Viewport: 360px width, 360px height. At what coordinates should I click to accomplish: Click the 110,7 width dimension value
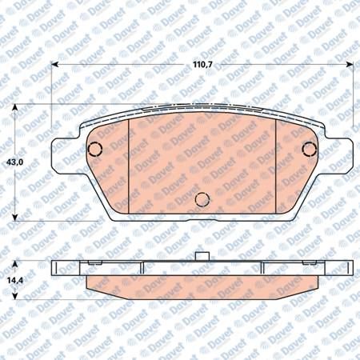coord(202,65)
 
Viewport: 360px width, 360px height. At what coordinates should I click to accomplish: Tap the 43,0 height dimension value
coord(15,162)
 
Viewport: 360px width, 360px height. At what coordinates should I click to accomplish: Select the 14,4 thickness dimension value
coord(15,280)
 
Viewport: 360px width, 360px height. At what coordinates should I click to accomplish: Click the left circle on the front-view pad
coord(95,150)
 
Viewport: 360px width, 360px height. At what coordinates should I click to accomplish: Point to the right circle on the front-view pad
coord(310,149)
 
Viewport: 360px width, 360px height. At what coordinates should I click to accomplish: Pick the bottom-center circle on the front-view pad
coord(202,199)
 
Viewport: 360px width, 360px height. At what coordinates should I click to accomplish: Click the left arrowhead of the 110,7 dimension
coord(54,65)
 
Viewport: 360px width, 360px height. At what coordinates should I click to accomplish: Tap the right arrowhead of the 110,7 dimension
coord(350,65)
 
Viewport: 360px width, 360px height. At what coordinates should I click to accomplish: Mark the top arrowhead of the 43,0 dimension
coord(15,107)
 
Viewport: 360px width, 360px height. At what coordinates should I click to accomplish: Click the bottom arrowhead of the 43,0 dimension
coord(15,218)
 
